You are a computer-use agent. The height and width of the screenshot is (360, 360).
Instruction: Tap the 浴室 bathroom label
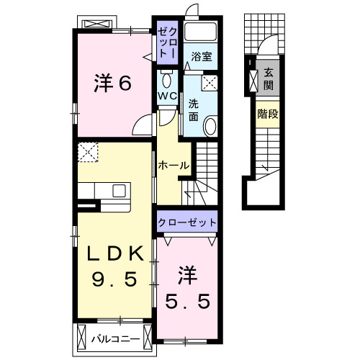pyautogui.click(x=201, y=57)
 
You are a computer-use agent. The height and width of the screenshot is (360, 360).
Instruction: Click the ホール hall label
pyautogui.click(x=174, y=166)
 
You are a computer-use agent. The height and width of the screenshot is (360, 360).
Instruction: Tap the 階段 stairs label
pyautogui.click(x=268, y=114)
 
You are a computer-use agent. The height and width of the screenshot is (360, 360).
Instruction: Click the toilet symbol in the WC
pyautogui.click(x=166, y=78)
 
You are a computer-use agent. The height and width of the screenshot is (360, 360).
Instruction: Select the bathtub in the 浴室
pyautogui.click(x=201, y=33)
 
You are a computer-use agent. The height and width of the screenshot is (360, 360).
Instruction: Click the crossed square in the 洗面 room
pyautogui.click(x=210, y=83)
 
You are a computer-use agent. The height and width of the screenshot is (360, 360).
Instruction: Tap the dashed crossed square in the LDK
pyautogui.click(x=89, y=153)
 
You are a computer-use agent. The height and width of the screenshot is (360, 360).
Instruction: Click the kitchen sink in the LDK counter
pyautogui.click(x=119, y=191)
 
